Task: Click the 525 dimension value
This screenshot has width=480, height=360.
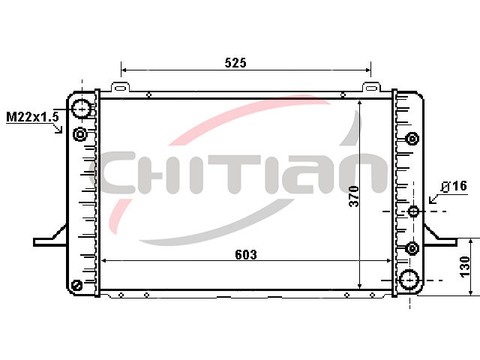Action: [x=235, y=63]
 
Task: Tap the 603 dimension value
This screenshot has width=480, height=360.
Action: [x=246, y=255]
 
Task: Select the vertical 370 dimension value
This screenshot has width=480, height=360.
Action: [x=354, y=196]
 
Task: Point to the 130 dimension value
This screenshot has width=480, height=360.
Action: [x=465, y=267]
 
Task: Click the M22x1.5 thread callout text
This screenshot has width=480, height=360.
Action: [x=32, y=117]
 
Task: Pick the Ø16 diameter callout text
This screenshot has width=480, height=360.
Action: [x=454, y=186]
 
